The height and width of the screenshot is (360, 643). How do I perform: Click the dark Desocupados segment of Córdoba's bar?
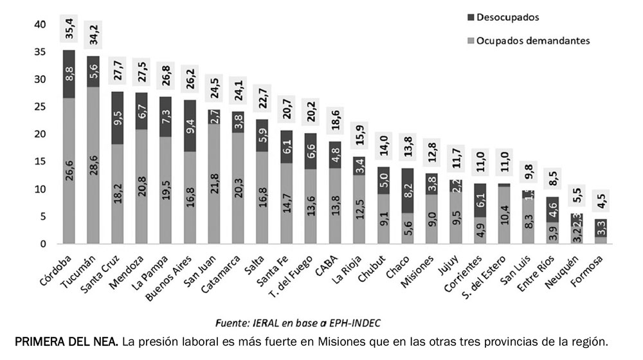pos(69,74)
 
